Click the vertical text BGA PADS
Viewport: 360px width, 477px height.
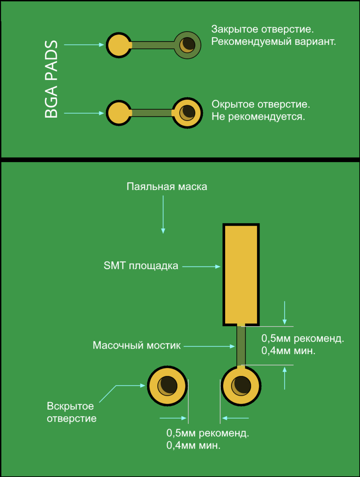pyautogui.click(x=52, y=79)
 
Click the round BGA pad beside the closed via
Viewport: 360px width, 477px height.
pyautogui.click(x=118, y=45)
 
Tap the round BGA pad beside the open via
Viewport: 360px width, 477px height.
pyautogui.click(x=118, y=113)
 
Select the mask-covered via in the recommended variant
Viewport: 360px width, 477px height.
pyautogui.click(x=187, y=45)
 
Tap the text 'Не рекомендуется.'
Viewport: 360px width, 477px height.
pyautogui.click(x=258, y=118)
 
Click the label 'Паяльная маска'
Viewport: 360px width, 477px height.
pyautogui.click(x=167, y=187)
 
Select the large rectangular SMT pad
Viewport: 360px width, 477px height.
pyautogui.click(x=241, y=274)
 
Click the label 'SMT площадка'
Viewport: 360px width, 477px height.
pyautogui.click(x=141, y=266)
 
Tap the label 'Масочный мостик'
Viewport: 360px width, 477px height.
pyautogui.click(x=137, y=345)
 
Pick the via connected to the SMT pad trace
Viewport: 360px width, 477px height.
pyautogui.click(x=241, y=385)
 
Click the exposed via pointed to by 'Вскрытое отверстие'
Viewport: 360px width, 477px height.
pyautogui.click(x=167, y=385)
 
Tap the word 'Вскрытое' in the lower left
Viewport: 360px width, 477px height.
pyautogui.click(x=70, y=406)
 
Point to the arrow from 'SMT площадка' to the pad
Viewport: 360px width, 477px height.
pyautogui.click(x=200, y=266)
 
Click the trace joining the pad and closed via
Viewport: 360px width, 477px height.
pyautogui.click(x=152, y=45)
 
